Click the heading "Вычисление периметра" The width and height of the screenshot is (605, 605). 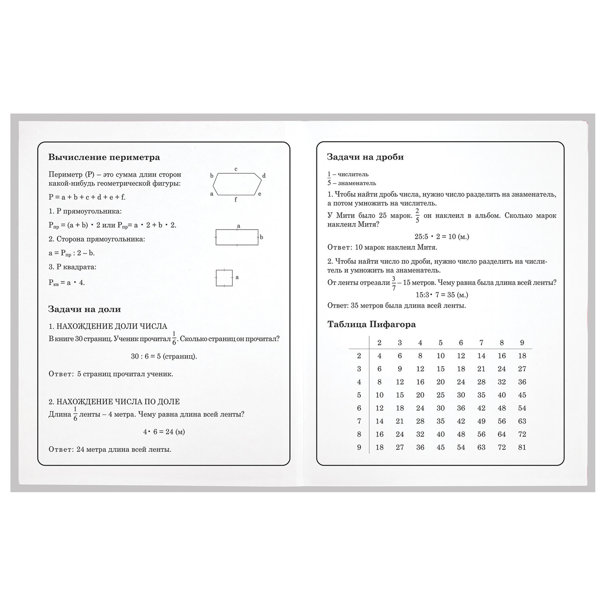click(x=104, y=157)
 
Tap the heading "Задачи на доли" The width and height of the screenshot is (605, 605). click(x=84, y=309)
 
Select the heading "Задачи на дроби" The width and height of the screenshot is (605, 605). click(x=365, y=157)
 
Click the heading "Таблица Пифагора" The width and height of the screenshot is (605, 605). click(x=371, y=324)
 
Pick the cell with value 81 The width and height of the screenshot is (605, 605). click(x=522, y=447)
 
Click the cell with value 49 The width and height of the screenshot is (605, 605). click(x=481, y=421)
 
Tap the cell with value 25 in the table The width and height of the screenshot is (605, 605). click(x=440, y=395)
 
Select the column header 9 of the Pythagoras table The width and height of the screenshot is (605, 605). click(x=522, y=343)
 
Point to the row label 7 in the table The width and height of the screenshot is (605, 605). click(x=359, y=421)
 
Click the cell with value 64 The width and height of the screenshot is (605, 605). click(x=502, y=434)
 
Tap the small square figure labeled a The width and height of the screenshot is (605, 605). click(x=224, y=277)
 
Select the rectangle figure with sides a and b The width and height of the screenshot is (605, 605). click(x=237, y=237)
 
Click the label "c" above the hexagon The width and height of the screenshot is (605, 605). click(x=236, y=169)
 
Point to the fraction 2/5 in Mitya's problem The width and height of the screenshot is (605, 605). click(x=417, y=215)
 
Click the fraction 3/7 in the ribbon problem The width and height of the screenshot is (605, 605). click(x=394, y=283)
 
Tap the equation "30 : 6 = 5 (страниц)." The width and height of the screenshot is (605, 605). click(x=164, y=357)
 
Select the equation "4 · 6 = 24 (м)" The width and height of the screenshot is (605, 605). click(x=164, y=432)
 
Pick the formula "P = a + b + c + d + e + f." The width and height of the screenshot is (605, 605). click(x=87, y=197)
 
